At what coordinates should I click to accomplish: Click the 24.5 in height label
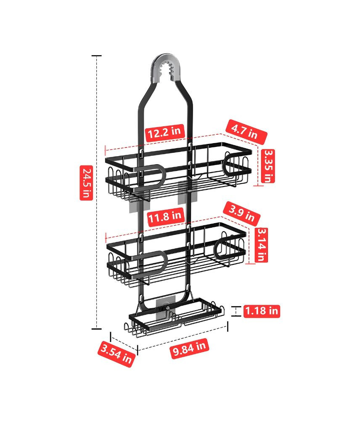tap(86, 183)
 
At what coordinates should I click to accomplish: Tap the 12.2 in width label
tap(165, 133)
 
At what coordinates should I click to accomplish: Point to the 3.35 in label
tap(268, 166)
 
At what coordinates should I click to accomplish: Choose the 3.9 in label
tap(241, 213)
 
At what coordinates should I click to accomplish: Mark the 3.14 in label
tap(261, 245)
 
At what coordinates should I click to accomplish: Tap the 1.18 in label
tap(262, 311)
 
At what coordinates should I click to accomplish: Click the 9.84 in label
tap(189, 349)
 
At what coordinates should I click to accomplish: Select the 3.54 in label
tap(116, 354)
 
